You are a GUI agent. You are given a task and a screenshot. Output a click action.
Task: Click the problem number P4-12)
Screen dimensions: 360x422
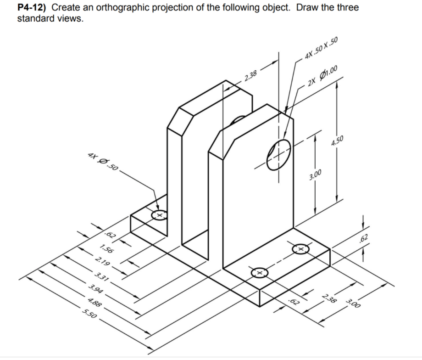[33, 8]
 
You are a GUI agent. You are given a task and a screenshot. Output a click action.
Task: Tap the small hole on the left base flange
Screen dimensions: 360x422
[160, 214]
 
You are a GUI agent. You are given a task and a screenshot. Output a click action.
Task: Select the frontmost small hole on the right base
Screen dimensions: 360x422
[259, 273]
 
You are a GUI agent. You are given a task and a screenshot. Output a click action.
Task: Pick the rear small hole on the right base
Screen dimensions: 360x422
[301, 248]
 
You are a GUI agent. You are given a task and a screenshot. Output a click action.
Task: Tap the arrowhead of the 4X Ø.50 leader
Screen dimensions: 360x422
[157, 208]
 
